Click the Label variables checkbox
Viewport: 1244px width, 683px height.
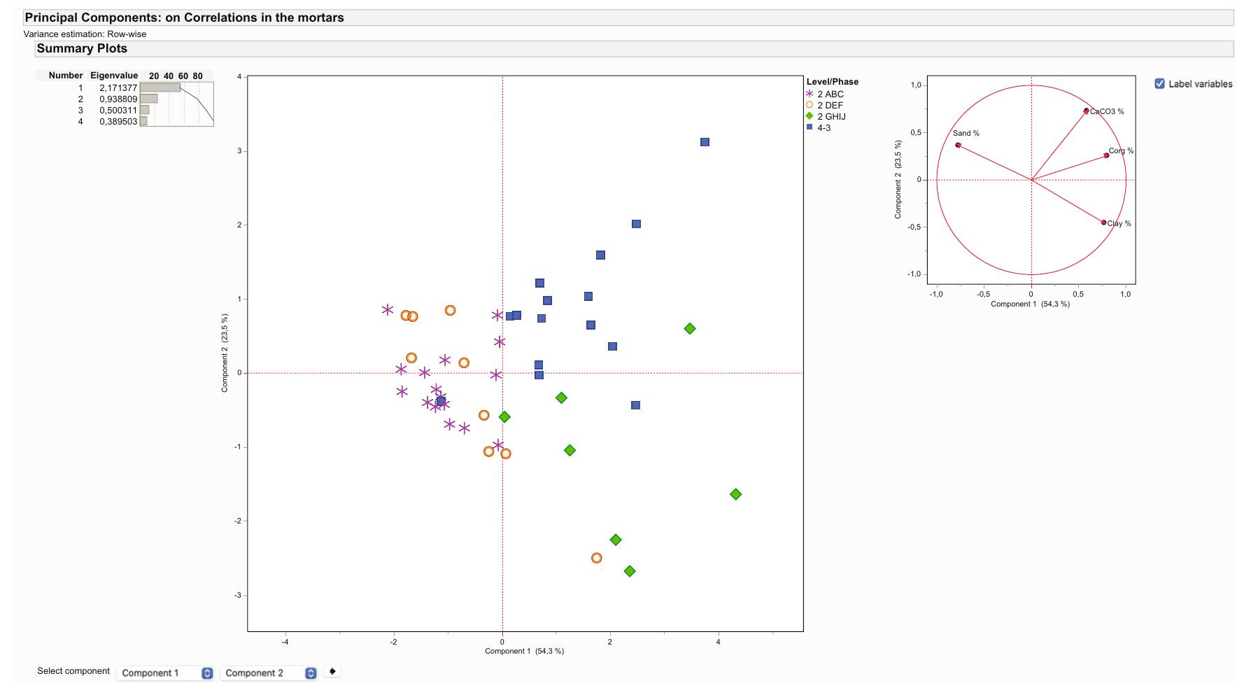[x=1159, y=84]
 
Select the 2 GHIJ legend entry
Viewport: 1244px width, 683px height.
[x=830, y=117]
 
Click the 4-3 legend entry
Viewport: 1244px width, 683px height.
[x=824, y=128]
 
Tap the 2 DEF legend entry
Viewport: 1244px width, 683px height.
[x=830, y=106]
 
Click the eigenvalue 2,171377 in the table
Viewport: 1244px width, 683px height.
[x=118, y=88]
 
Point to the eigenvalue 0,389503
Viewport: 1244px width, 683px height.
[x=118, y=122]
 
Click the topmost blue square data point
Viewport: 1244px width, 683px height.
[x=705, y=142]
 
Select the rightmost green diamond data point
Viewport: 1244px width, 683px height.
[x=735, y=494]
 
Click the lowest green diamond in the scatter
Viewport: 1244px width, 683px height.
[x=630, y=571]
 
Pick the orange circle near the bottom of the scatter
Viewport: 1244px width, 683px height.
[x=597, y=558]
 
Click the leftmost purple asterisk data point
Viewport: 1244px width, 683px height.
[x=388, y=309]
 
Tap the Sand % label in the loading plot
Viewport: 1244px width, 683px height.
[x=966, y=133]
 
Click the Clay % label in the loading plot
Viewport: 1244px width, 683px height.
[x=1119, y=224]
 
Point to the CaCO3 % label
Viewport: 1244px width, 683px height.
[x=1107, y=112]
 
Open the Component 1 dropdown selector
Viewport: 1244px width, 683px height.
[x=167, y=673]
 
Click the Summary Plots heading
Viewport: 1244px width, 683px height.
[x=82, y=49]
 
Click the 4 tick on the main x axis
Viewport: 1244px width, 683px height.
[x=718, y=641]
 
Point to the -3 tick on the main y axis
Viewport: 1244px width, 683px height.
[x=238, y=595]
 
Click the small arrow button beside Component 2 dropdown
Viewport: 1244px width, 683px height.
[x=332, y=672]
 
